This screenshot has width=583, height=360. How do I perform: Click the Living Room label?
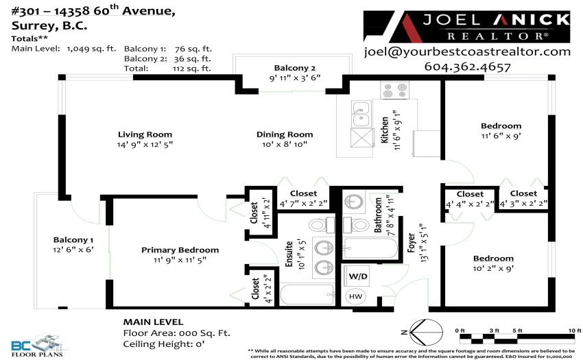pos(145,134)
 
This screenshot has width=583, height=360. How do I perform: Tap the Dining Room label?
pos(285,134)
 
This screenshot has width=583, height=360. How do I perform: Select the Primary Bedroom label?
pos(180,250)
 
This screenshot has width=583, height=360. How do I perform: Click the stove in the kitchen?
pos(394,90)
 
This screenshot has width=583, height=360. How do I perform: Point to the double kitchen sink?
pos(361,114)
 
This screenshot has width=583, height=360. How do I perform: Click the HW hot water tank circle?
pos(355,296)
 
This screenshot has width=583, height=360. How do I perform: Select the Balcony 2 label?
pos(295,68)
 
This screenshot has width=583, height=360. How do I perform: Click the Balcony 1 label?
pos(73,240)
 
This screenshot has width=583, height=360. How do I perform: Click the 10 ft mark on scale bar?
pos(575,331)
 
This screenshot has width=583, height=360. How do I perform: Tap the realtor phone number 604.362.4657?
pos(467,67)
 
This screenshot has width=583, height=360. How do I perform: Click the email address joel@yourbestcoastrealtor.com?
pos(467,51)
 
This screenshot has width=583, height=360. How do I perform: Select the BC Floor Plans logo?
pos(37,345)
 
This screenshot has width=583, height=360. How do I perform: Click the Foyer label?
pos(412,243)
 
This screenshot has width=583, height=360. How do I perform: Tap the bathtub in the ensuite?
pos(307,295)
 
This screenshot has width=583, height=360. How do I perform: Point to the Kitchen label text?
pos(385,130)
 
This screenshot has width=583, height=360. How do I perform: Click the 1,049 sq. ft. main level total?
pos(91,49)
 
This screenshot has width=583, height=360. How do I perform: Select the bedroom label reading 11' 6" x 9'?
pos(501,136)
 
